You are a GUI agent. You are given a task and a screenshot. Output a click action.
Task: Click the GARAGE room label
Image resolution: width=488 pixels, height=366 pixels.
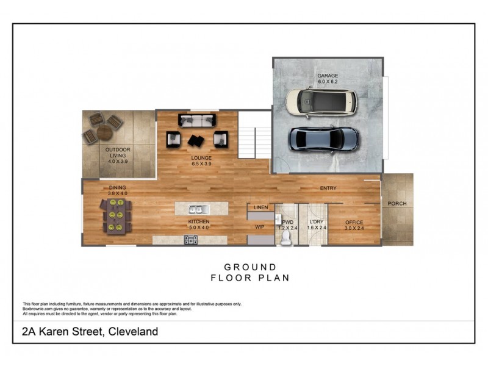[327, 76]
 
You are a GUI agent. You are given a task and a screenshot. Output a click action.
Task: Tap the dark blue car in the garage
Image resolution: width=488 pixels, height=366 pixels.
[323, 139]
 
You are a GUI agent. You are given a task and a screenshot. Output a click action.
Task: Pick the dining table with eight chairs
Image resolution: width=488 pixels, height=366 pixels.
[115, 218]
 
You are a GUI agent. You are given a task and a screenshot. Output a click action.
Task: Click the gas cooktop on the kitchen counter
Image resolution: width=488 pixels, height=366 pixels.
[190, 240]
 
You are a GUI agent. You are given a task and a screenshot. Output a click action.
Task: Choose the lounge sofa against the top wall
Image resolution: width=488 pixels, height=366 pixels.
[196, 120]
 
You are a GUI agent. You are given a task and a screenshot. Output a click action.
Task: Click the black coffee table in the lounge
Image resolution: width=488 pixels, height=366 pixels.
[197, 141]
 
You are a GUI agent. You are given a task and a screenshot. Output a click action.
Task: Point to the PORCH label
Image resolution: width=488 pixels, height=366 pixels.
[396, 204]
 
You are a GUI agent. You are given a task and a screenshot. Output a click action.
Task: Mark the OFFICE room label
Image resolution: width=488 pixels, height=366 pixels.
[354, 222]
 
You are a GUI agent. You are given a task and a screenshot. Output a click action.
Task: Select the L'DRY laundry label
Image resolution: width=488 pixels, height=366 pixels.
[315, 222]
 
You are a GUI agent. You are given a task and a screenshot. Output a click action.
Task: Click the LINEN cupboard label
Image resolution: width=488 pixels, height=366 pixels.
[260, 208]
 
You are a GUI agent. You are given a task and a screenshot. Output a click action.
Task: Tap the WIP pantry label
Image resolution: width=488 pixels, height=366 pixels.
[259, 226]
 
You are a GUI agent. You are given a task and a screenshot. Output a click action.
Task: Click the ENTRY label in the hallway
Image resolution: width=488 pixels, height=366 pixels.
[328, 188]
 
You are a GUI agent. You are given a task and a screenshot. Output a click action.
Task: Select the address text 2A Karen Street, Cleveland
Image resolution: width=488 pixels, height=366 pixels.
[90, 332]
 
